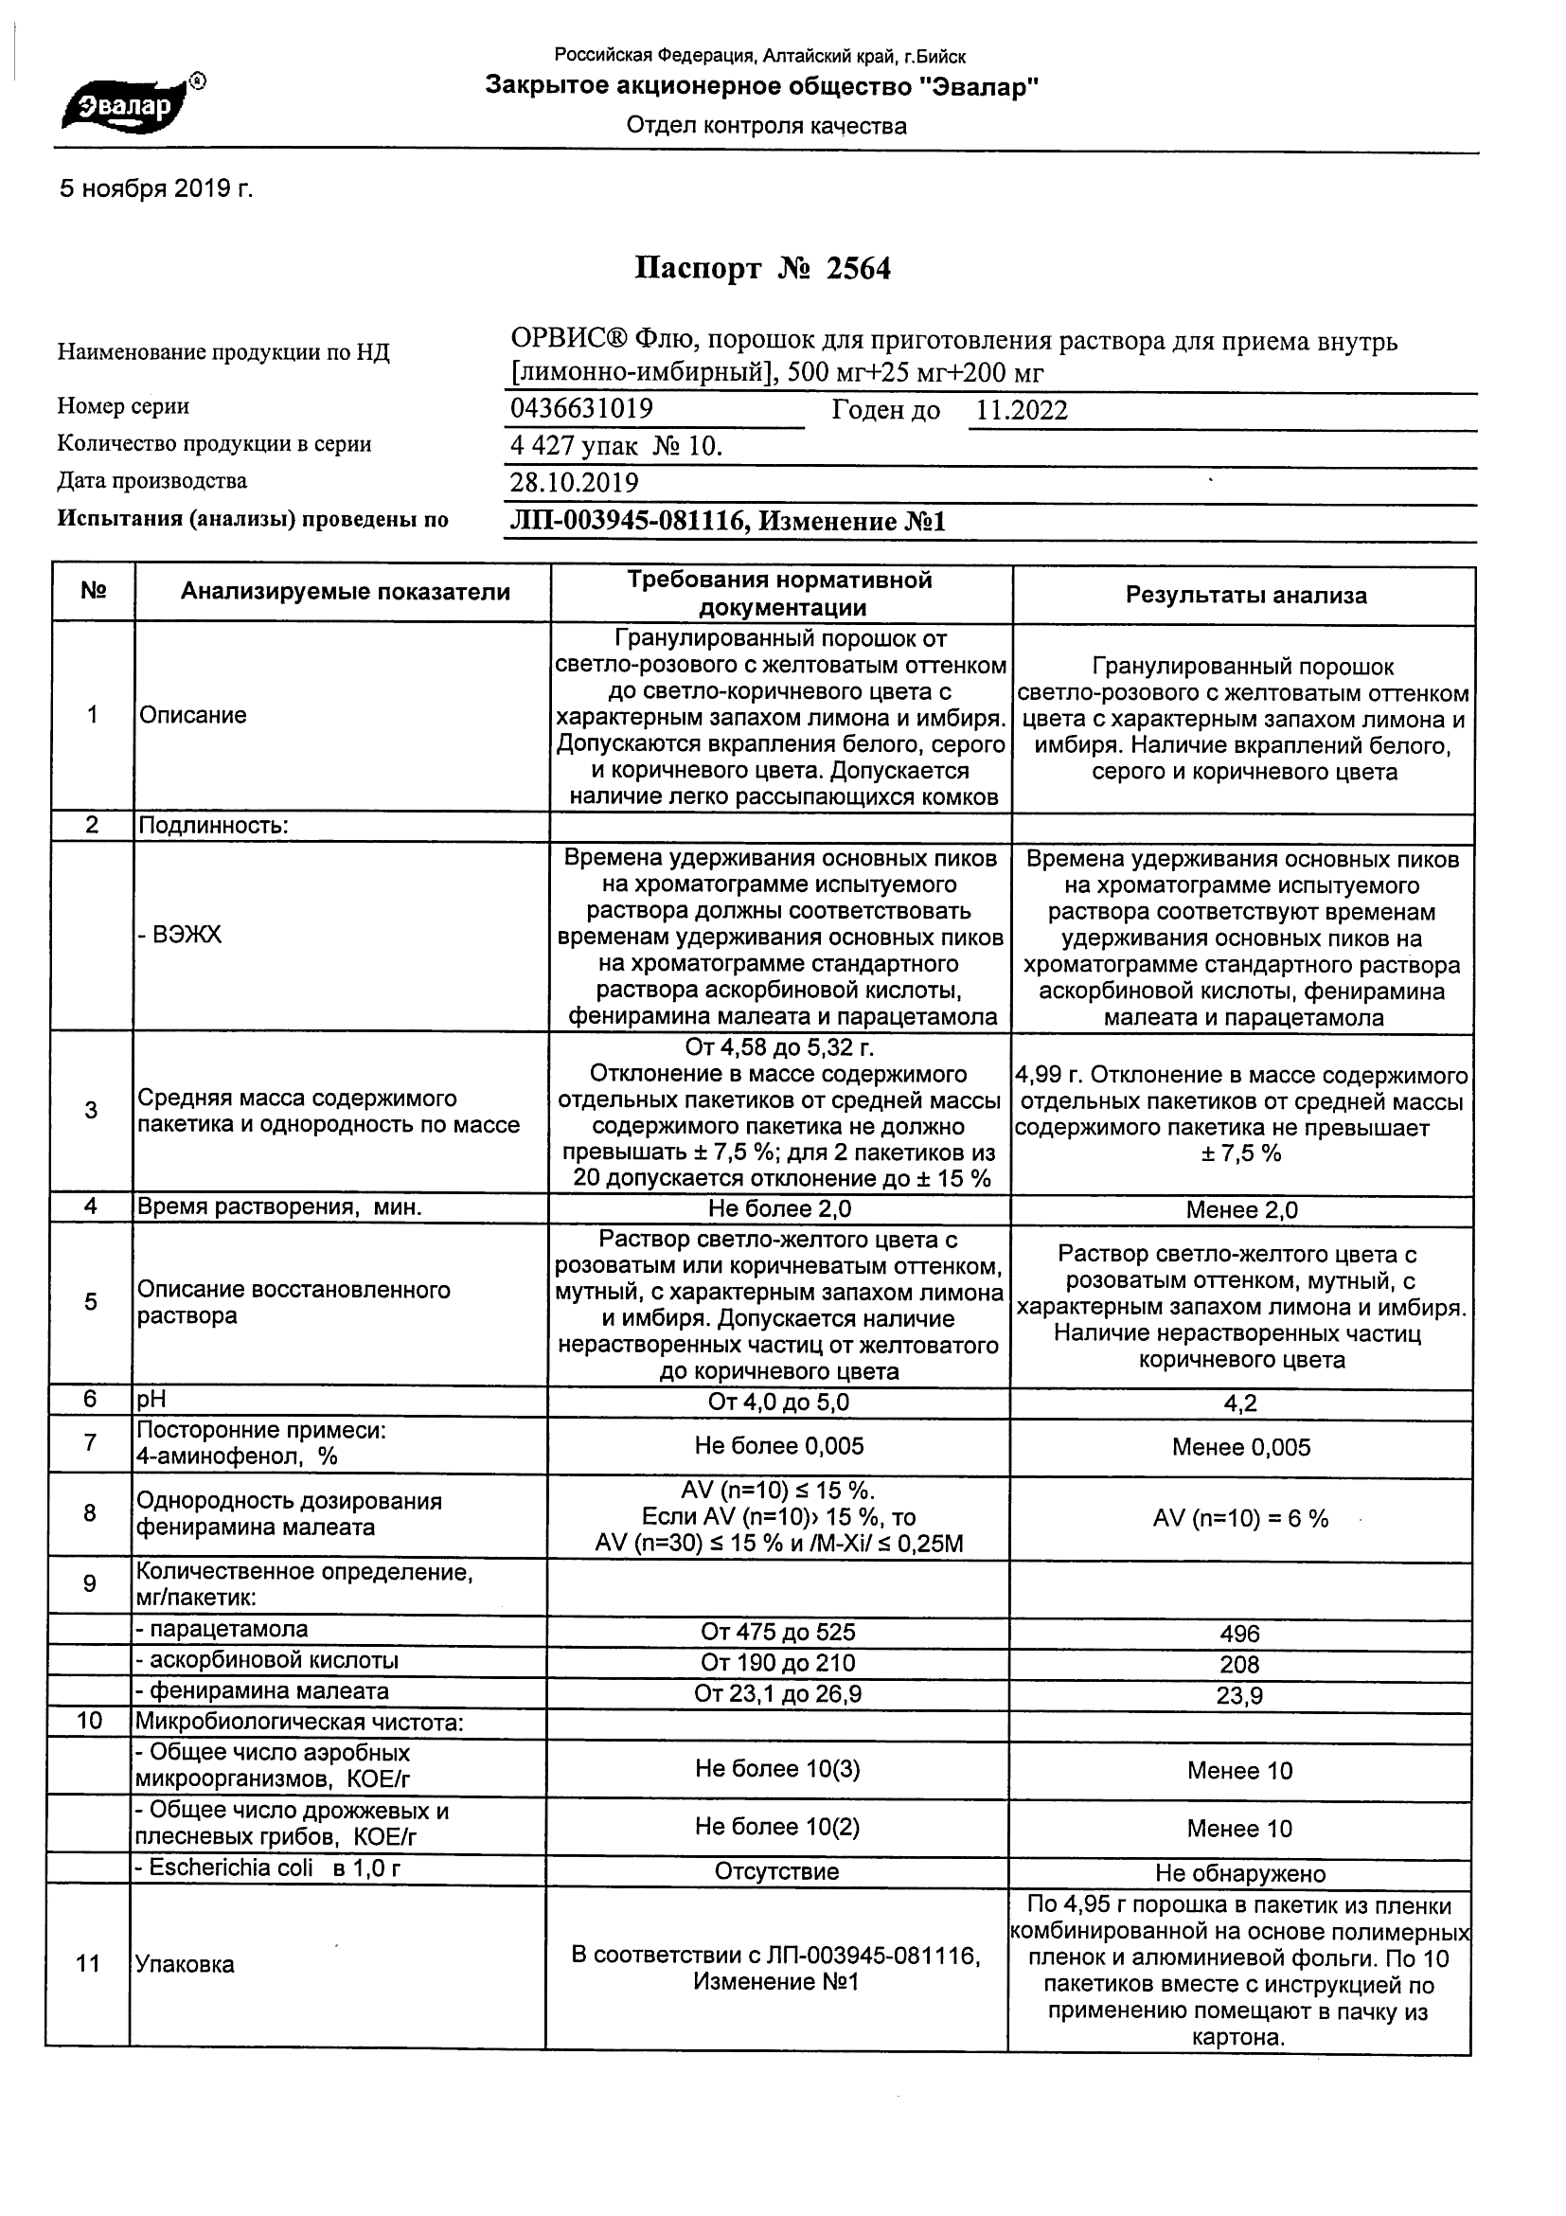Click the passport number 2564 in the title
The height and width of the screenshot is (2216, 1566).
click(858, 268)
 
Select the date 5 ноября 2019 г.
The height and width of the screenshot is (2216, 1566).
click(156, 189)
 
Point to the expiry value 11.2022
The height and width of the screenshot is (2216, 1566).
click(1022, 411)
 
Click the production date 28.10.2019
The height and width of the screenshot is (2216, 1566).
click(574, 483)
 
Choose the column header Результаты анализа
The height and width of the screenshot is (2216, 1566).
click(1246, 596)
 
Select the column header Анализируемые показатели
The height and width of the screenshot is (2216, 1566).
click(346, 593)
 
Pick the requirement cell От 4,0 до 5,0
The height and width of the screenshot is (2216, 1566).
click(778, 1403)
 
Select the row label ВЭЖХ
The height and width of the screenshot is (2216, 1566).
click(180, 935)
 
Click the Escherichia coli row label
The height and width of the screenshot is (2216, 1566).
click(268, 1868)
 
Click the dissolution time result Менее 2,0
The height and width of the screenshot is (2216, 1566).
click(1242, 1210)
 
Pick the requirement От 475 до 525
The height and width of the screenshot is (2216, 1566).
click(777, 1632)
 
